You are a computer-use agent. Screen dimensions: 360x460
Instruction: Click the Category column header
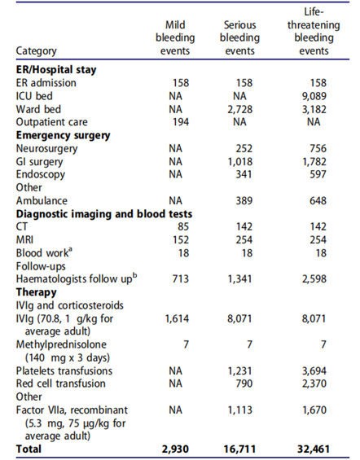[36, 51]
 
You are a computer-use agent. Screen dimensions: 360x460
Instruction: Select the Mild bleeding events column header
[175, 37]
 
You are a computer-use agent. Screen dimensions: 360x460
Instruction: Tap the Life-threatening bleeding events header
[314, 32]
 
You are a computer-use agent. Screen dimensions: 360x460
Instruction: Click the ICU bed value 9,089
[314, 96]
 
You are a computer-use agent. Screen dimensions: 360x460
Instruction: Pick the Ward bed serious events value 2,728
[240, 109]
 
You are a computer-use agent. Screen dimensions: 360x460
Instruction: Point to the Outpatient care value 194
[181, 122]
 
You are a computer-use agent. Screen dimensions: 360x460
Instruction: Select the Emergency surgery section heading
[63, 135]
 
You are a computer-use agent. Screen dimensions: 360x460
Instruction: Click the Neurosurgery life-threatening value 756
[318, 148]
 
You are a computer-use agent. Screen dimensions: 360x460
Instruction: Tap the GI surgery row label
[39, 162]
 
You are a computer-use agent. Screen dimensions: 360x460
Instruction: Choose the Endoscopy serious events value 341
[244, 174]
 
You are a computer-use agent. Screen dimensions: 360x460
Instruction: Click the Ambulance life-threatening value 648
[318, 201]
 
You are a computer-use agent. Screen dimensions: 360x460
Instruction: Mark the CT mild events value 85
[183, 227]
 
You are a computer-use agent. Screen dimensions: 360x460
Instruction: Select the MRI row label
[24, 240]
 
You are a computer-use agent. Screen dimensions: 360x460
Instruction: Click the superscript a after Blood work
[70, 250]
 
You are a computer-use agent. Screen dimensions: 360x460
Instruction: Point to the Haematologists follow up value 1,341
[240, 279]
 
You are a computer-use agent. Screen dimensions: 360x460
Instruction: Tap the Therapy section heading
[36, 292]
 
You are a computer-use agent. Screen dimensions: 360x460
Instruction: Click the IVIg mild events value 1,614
[178, 318]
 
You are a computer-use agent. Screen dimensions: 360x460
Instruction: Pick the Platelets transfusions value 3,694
[314, 371]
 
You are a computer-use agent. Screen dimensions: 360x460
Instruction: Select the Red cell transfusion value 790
[244, 383]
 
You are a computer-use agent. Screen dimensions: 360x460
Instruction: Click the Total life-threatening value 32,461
[314, 449]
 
